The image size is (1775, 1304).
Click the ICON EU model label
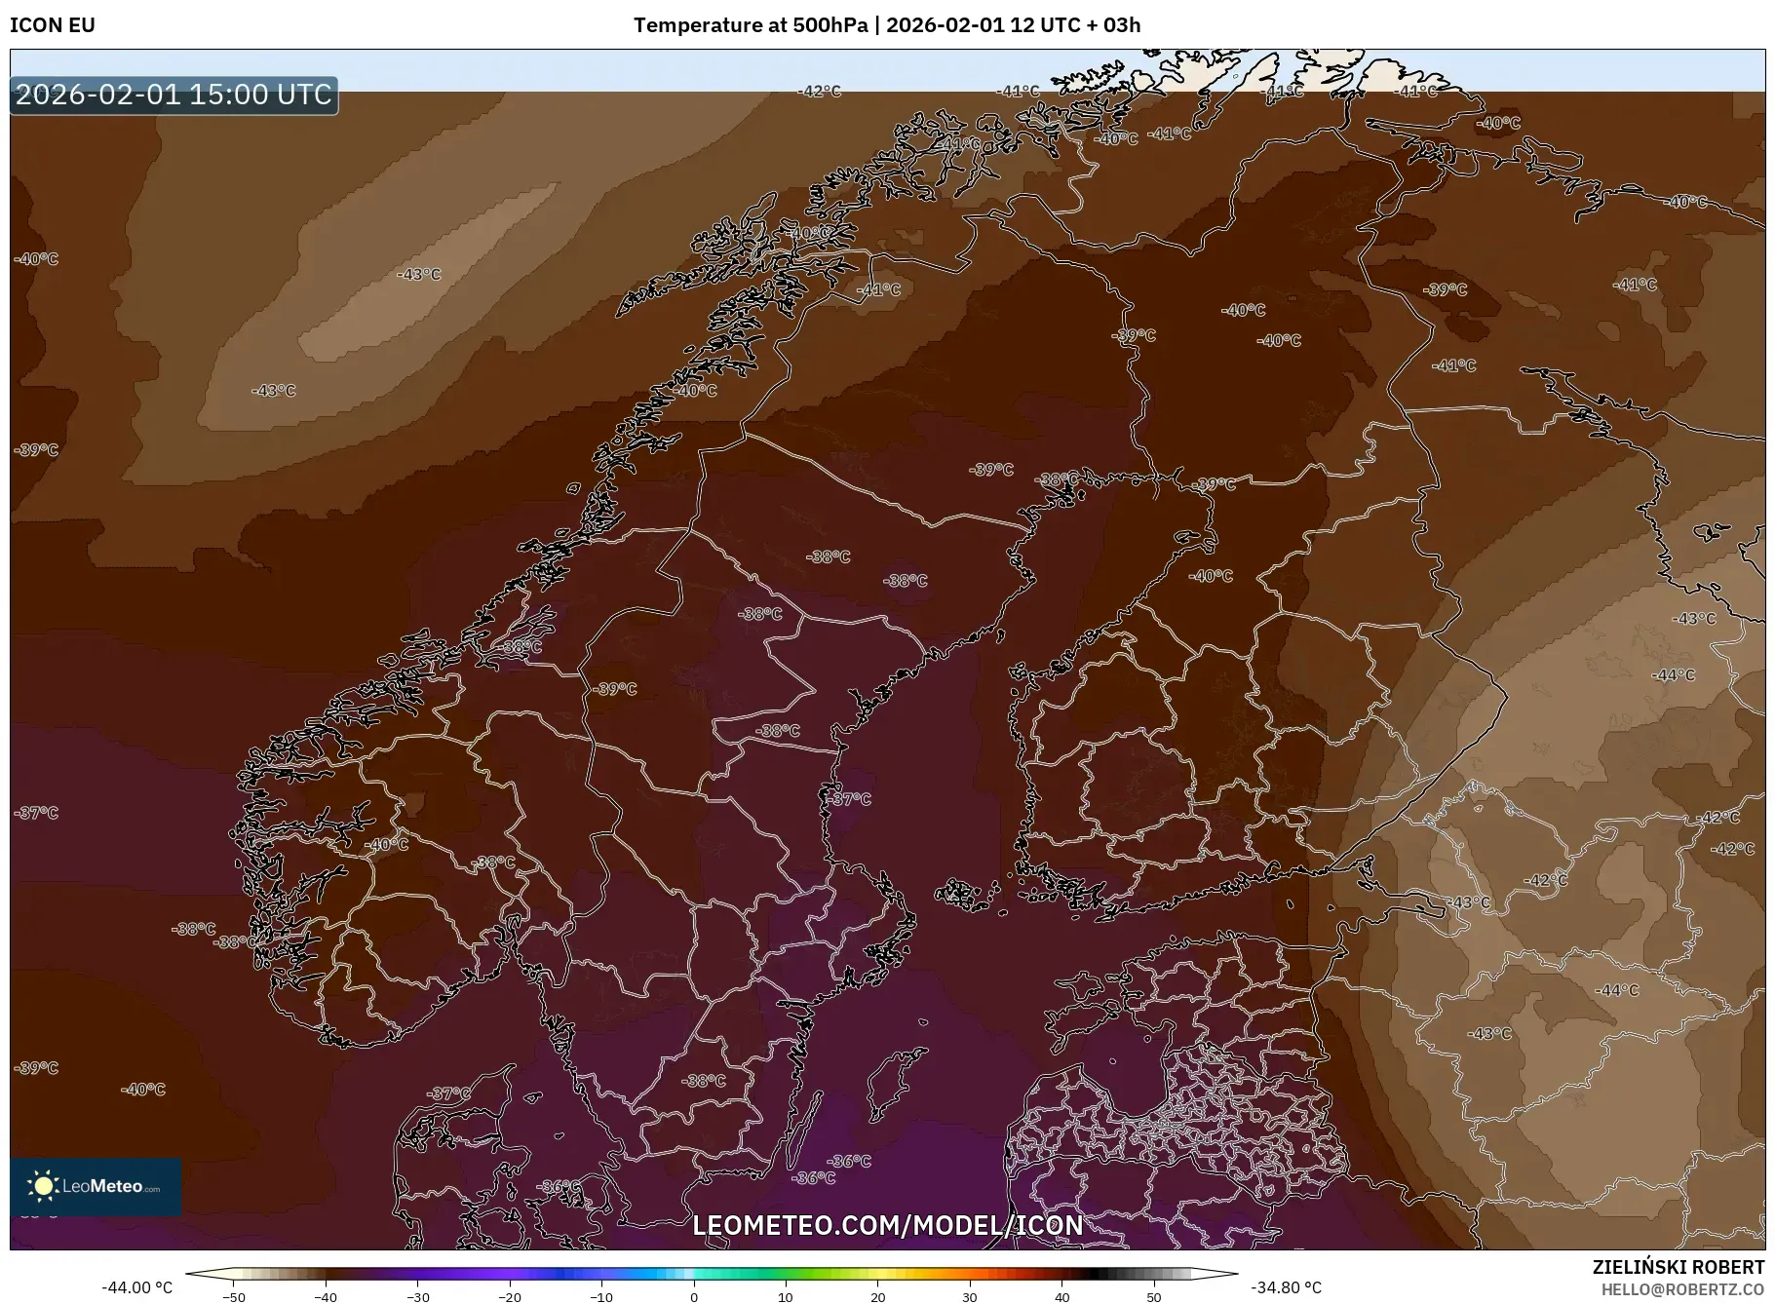click(x=53, y=25)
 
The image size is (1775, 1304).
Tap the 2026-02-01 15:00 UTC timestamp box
click(x=174, y=95)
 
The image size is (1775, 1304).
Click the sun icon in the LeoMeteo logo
click(x=43, y=1185)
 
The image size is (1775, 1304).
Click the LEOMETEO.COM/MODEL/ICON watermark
click(x=887, y=1225)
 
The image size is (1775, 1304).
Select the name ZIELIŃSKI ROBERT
click(x=1678, y=1267)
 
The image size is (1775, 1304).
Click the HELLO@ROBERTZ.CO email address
click(x=1682, y=1289)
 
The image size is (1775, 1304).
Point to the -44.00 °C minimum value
click(x=136, y=1287)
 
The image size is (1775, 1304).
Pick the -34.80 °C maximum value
click(x=1286, y=1287)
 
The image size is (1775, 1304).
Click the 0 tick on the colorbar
click(x=693, y=1297)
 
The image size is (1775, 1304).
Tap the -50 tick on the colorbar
click(x=234, y=1297)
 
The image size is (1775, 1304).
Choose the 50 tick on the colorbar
click(x=1153, y=1297)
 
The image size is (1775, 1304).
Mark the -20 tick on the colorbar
click(x=509, y=1297)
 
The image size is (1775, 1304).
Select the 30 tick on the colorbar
click(x=969, y=1297)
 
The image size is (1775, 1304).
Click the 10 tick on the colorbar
click(x=785, y=1297)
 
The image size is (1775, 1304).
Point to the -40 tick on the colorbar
click(x=326, y=1297)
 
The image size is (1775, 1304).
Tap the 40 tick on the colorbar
click(x=1061, y=1297)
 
